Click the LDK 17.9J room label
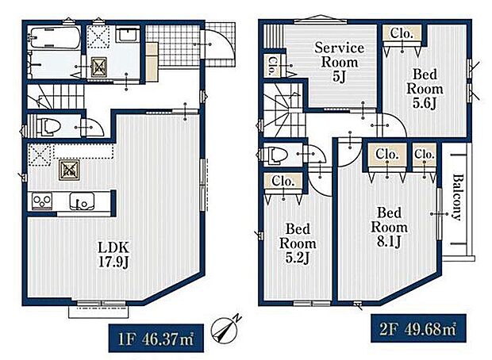(113, 255)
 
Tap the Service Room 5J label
(339, 63)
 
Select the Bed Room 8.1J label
(389, 228)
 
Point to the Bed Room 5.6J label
(425, 89)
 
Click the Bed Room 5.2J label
(298, 243)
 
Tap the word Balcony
(458, 197)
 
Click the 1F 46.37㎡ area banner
(156, 339)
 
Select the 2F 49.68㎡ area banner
(418, 328)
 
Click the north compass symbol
(222, 330)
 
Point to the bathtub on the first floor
(54, 38)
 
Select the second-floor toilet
(276, 155)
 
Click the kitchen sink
(82, 201)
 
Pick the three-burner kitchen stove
(42, 201)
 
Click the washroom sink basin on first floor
(128, 34)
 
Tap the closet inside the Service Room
(271, 66)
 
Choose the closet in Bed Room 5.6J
(402, 33)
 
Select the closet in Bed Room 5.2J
(283, 181)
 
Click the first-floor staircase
(56, 97)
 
